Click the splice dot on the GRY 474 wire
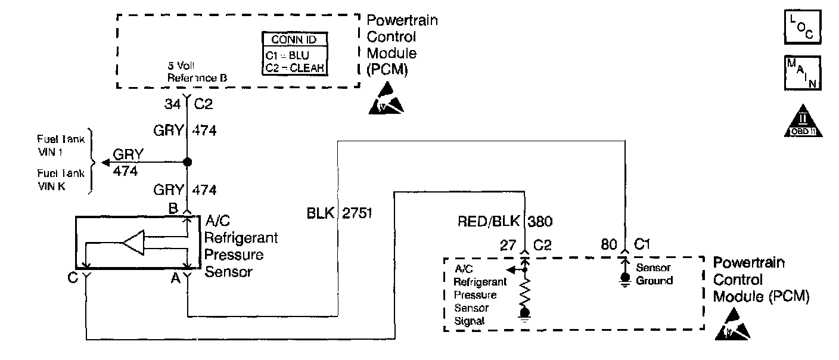pos(187,162)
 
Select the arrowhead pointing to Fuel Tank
pos(105,162)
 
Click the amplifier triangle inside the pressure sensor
pos(133,243)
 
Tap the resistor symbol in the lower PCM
pos(526,291)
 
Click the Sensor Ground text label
pos(655,274)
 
